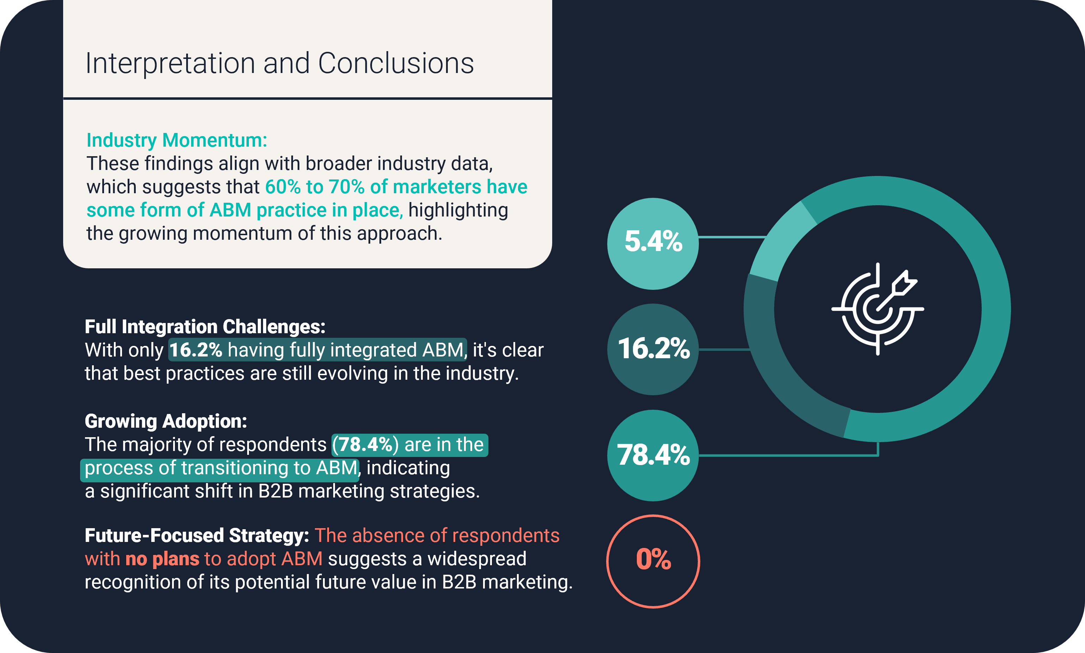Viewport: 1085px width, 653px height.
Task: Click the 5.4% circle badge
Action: (x=653, y=243)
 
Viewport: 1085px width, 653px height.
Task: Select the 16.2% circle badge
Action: (x=653, y=349)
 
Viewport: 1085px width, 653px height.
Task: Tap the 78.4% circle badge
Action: (x=653, y=456)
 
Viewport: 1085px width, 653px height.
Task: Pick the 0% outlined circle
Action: (x=653, y=561)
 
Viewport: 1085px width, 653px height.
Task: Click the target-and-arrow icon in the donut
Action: (x=877, y=309)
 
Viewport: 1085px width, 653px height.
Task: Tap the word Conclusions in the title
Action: (x=396, y=63)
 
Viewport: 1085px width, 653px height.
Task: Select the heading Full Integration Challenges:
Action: (x=205, y=326)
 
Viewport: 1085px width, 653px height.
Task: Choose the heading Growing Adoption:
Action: (x=166, y=421)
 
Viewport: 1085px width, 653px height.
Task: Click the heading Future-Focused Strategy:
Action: (x=197, y=536)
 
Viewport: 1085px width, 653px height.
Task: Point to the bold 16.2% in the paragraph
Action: (x=196, y=350)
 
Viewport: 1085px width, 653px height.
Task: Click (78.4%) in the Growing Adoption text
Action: (x=365, y=444)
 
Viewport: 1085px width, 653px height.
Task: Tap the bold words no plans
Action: (x=162, y=559)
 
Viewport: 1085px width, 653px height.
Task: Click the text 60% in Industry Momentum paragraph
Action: (x=283, y=187)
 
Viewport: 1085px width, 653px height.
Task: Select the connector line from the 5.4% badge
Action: (x=733, y=237)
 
